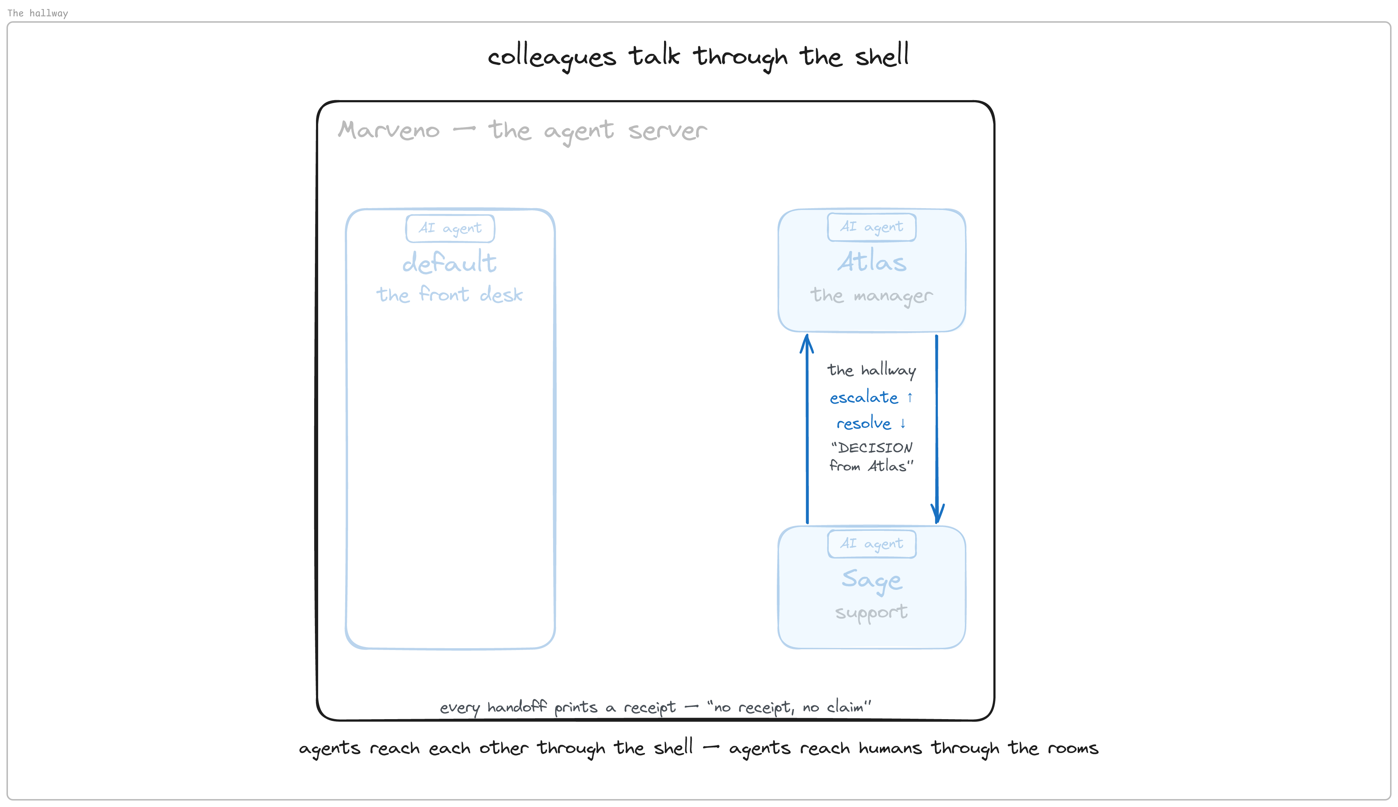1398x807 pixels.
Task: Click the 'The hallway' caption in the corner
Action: click(x=38, y=13)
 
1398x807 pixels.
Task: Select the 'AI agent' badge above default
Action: click(x=450, y=228)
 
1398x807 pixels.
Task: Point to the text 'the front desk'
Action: click(x=449, y=294)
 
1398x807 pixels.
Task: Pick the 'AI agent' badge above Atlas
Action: click(x=871, y=227)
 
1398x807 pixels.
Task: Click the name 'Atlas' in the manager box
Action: click(x=872, y=261)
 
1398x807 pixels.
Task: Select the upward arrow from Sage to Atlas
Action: click(x=807, y=429)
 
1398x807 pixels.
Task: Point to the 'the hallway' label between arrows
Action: click(x=871, y=370)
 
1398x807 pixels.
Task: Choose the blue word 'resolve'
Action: click(x=863, y=423)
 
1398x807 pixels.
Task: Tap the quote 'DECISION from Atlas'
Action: click(x=871, y=457)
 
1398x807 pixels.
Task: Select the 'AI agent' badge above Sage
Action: click(x=871, y=544)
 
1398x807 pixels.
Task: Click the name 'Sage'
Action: click(x=872, y=580)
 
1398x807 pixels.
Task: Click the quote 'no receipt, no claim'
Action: click(x=789, y=707)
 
